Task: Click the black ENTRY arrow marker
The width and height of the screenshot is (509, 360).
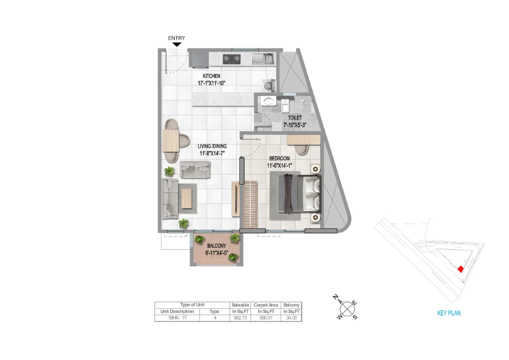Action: coord(176,45)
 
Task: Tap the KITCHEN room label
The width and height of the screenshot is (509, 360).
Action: coord(211,76)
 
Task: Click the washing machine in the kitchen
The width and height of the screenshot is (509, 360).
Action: coord(268,84)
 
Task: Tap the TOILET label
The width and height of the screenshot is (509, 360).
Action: coord(294,118)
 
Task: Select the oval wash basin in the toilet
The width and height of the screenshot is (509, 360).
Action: coord(268,101)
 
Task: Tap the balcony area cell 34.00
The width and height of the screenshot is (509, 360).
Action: coord(292,318)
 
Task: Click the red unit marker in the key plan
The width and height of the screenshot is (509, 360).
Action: coord(460,269)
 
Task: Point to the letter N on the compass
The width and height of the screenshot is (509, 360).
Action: coord(336,297)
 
